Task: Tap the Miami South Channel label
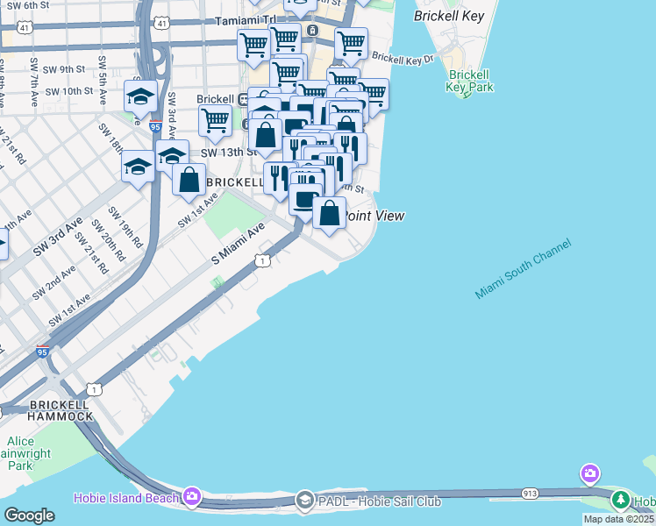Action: (x=524, y=268)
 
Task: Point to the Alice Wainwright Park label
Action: (x=24, y=453)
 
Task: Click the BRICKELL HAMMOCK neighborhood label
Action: (x=61, y=410)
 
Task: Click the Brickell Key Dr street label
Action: (x=403, y=59)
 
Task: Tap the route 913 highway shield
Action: (x=529, y=494)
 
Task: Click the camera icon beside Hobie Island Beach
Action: (x=191, y=497)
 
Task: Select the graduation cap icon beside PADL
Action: (x=304, y=501)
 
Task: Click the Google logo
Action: (x=29, y=515)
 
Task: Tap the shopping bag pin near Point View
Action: (x=329, y=213)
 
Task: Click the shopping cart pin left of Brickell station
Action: (x=214, y=120)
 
